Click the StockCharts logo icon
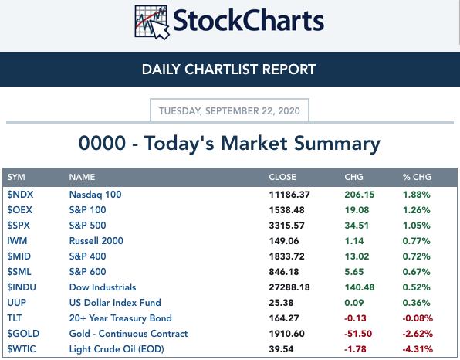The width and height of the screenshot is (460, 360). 152,22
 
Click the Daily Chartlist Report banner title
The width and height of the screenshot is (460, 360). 228,70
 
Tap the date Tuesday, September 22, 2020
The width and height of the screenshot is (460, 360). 229,111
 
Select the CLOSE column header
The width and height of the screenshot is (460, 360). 282,177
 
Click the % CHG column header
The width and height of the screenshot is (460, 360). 417,177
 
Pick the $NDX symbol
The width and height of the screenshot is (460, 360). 20,195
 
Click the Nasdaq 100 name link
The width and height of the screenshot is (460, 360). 96,195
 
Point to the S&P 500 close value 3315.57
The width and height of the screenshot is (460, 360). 286,226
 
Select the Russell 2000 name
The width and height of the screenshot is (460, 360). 96,241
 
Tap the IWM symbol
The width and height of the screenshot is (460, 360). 17,241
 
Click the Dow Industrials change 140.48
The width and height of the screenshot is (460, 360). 360,287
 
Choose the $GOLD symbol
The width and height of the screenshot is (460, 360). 23,334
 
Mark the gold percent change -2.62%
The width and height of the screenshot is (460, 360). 418,334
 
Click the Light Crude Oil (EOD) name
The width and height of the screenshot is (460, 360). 117,349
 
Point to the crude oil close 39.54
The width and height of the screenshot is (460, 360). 281,349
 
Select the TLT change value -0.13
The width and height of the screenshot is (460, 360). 355,318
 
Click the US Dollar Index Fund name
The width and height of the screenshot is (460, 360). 115,303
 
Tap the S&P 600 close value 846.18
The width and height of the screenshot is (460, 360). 284,272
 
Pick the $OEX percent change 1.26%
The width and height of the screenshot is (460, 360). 416,210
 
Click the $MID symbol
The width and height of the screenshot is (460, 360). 19,256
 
